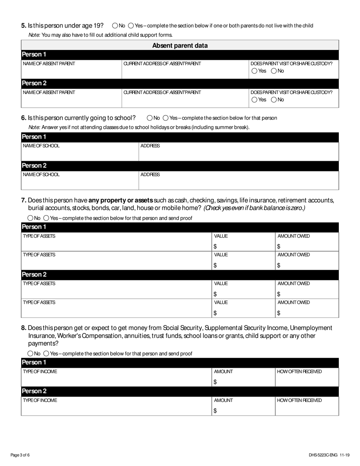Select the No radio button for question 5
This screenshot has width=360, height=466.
pos(115,26)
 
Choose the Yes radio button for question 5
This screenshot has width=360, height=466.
pos(131,26)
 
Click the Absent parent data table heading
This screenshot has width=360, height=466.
pos(180,45)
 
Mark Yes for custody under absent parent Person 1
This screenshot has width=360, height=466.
pos(254,71)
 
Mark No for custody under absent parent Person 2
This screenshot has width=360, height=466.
pos(274,100)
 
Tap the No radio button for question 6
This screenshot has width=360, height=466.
pos(150,118)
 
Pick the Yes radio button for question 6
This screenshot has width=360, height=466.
pos(166,118)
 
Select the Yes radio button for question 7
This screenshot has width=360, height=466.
pos(46,218)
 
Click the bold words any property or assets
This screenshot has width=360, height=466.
pos(121,200)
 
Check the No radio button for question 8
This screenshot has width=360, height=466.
pos(30,353)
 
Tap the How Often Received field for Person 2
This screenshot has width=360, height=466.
pos(307,408)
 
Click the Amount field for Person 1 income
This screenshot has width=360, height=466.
pos(243,380)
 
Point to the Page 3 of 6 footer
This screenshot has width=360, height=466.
pos(20,455)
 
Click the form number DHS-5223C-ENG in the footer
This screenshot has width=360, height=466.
pos(322,455)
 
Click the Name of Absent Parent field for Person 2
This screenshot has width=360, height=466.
pos(71,99)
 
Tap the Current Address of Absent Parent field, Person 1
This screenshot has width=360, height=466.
pos(185,70)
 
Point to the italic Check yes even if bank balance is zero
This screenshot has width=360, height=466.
pos(254,208)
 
